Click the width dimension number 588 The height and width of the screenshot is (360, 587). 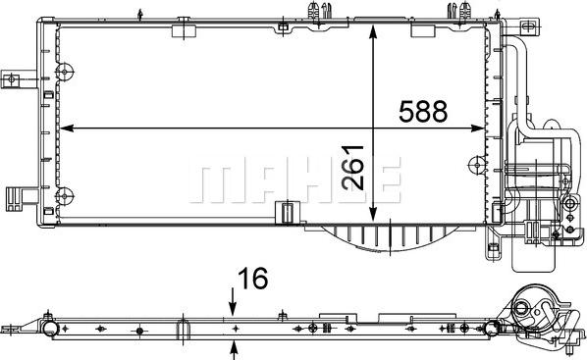(422, 111)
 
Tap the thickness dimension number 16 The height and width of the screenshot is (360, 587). (252, 281)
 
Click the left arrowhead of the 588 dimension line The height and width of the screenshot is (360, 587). (65, 128)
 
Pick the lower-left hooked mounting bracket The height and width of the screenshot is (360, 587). (18, 195)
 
